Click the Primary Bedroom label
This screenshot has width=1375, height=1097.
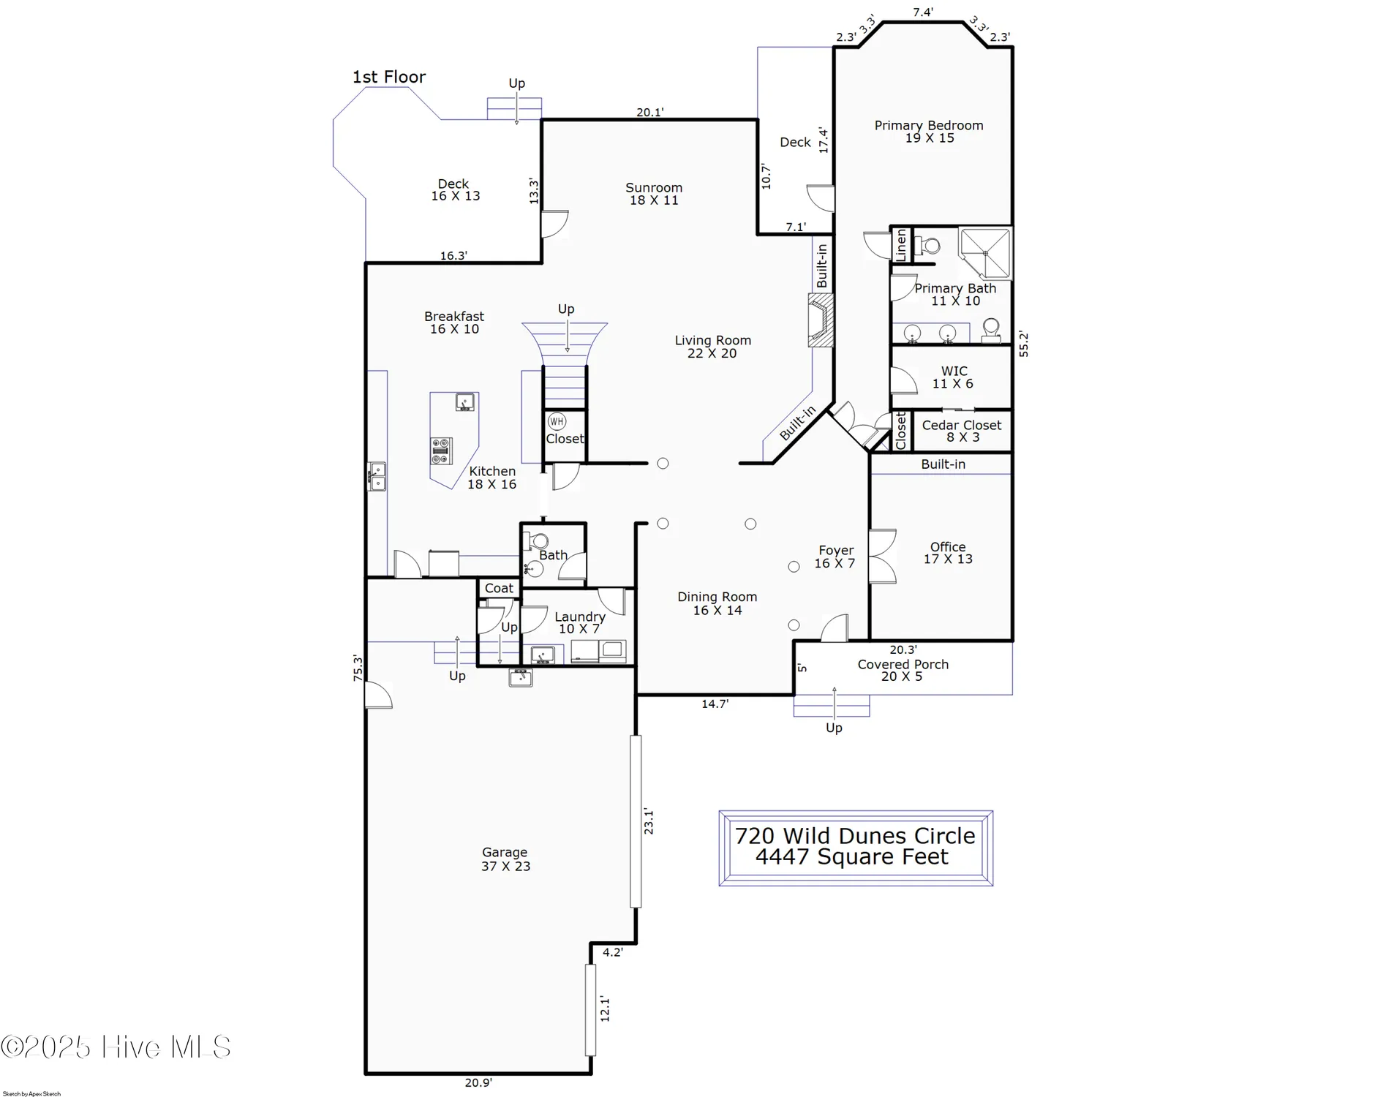[929, 132]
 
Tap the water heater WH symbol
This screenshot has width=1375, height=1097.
[557, 421]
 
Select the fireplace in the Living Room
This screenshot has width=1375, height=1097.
[821, 320]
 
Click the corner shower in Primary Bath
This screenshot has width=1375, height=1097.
[985, 253]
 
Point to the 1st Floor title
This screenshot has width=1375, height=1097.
[389, 77]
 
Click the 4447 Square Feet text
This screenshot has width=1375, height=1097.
[852, 857]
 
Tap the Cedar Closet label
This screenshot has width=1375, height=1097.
[961, 431]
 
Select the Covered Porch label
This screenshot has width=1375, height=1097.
[903, 670]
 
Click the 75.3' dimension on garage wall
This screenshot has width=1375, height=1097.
[358, 668]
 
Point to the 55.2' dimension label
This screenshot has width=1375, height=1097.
[1023, 344]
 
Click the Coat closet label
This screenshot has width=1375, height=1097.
[499, 588]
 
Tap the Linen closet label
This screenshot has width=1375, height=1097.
[901, 245]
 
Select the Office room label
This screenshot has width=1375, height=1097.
[948, 553]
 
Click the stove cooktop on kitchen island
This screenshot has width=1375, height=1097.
[441, 451]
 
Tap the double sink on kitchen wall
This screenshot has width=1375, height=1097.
[377, 476]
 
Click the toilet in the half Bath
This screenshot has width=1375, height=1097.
[538, 541]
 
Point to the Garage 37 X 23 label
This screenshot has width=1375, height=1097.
[505, 859]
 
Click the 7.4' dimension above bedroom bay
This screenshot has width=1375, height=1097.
[922, 12]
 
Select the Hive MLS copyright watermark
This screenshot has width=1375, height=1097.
[116, 1047]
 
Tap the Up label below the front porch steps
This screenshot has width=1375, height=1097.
[834, 728]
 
